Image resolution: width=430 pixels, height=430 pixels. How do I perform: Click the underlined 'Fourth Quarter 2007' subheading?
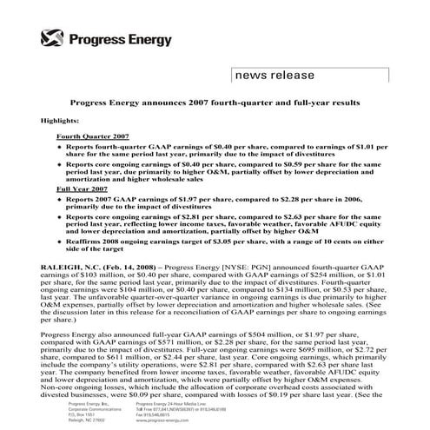(x=92, y=137)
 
